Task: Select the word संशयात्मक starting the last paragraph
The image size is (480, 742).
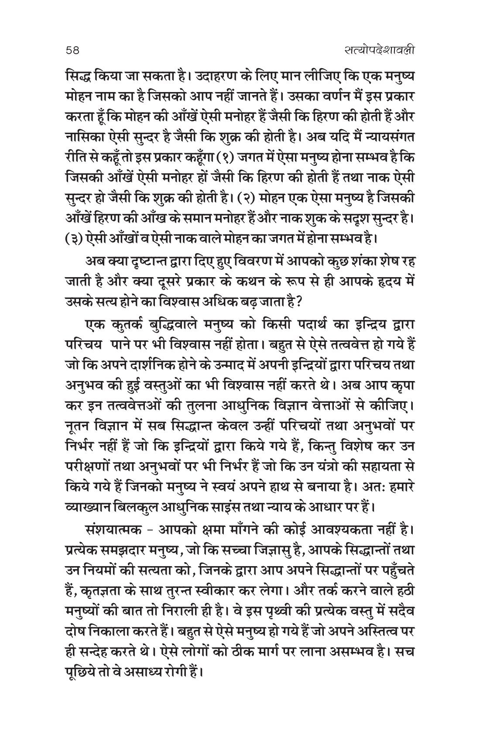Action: tap(115, 523)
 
